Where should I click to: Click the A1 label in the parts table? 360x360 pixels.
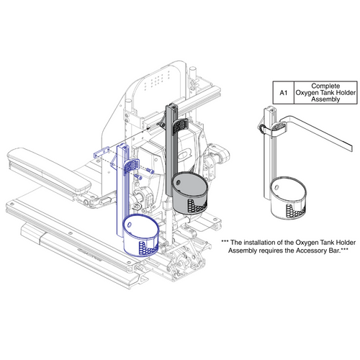(282, 93)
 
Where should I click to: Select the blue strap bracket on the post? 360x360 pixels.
(131, 167)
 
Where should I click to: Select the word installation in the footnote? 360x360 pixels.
(258, 243)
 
